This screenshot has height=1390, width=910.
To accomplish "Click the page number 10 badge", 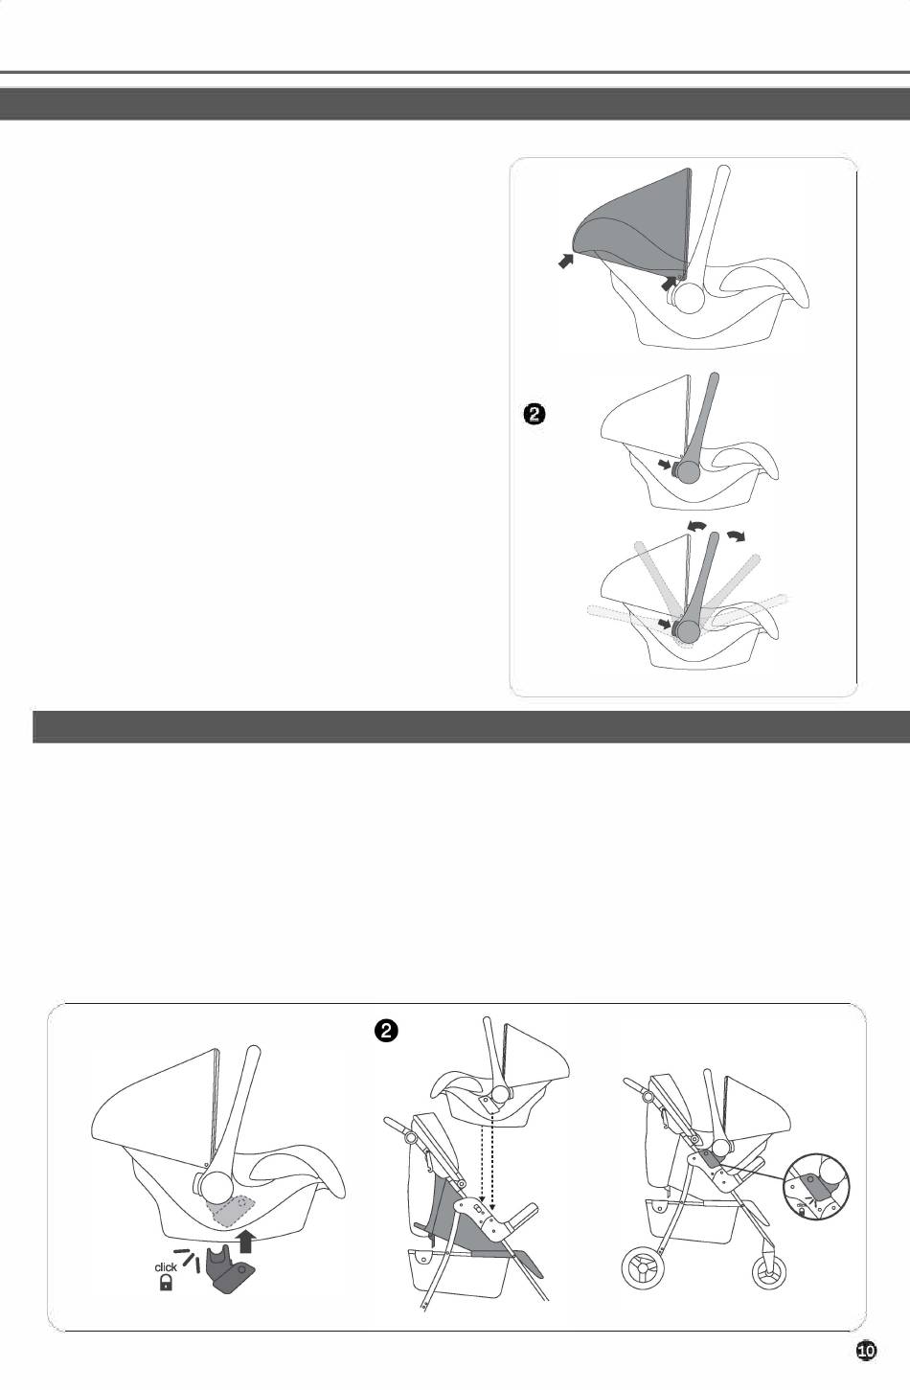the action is coord(867,1351).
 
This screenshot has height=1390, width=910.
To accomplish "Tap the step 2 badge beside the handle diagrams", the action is coord(535,415).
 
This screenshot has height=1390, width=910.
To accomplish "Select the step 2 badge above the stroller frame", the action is coord(385,1032).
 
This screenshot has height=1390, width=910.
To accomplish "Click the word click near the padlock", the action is coord(166,1267).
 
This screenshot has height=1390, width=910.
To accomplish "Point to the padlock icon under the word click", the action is coord(166,1283).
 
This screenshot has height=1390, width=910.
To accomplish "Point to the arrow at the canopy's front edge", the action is coord(566,261).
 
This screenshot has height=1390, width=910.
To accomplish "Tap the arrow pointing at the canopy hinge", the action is coord(668,284).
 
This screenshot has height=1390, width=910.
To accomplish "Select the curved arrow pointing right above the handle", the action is coord(737,535).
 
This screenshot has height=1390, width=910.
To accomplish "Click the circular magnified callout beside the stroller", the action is coord(816,1185).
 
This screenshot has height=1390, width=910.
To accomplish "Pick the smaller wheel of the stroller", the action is coord(768,1273).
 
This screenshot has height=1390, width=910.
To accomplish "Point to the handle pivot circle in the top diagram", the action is coord(688,297).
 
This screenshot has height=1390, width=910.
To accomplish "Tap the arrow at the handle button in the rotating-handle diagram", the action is coord(665,623).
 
